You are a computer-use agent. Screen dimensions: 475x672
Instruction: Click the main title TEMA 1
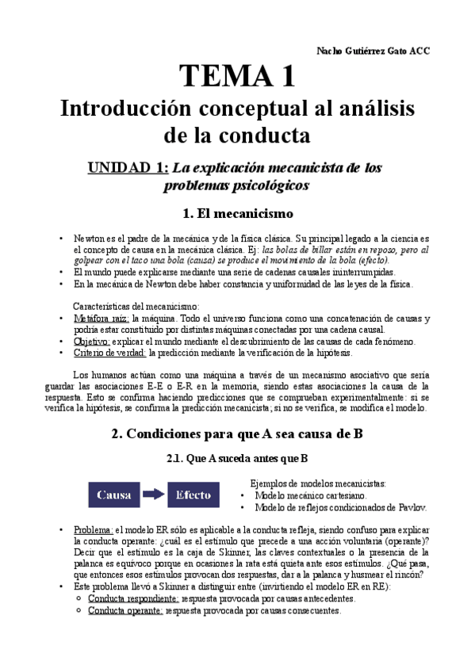[237, 76]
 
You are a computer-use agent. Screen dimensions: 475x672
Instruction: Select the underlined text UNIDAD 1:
[128, 167]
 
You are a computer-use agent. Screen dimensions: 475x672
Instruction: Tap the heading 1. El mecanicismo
[237, 213]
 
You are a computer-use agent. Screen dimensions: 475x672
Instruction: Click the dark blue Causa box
[113, 495]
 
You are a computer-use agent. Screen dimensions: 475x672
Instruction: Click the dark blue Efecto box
[193, 495]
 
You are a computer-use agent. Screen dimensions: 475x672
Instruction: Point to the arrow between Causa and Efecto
[153, 495]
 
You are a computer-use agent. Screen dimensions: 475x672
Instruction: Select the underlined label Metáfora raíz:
[101, 318]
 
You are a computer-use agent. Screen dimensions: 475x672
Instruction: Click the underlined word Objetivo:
[94, 342]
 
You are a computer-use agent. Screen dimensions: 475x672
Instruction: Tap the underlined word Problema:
[94, 529]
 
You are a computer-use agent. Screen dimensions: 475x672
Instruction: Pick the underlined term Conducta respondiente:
[132, 599]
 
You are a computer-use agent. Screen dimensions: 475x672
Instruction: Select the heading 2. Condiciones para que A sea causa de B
[237, 433]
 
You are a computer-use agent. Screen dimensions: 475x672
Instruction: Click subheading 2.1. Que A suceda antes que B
[237, 458]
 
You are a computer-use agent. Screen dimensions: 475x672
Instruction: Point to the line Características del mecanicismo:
[136, 306]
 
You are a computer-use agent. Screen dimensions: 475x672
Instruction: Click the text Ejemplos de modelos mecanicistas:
[317, 483]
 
